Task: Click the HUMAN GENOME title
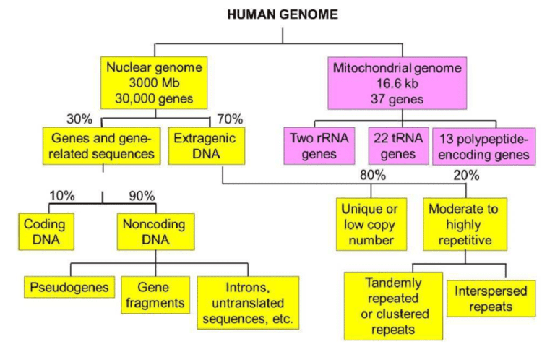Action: tap(282, 14)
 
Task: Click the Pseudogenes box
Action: tap(69, 287)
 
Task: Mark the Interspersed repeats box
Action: tap(491, 298)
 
